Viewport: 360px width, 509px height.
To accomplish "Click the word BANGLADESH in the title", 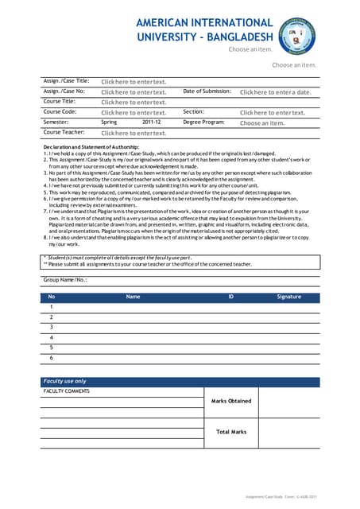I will [x=239, y=37].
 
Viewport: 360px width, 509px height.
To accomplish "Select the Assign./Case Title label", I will [x=66, y=81].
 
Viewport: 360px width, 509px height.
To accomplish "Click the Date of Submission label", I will [x=207, y=91].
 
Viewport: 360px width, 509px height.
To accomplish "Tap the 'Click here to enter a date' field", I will [x=276, y=92].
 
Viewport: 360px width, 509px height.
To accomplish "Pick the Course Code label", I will [x=60, y=112].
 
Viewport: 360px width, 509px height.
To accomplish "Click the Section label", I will [x=194, y=112].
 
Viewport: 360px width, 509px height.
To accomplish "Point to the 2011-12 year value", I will [x=152, y=122].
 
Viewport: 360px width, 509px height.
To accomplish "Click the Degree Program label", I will [x=203, y=122].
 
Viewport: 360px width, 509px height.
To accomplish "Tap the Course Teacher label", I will [x=64, y=133].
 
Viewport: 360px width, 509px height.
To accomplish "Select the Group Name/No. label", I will [x=65, y=280].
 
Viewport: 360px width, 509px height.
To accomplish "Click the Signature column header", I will [x=288, y=297].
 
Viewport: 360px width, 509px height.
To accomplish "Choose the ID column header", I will [x=231, y=297].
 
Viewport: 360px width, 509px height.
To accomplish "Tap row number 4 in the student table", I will [x=52, y=337].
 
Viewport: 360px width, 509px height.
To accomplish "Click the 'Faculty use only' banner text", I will [x=65, y=382].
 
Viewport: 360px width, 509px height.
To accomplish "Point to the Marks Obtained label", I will [x=231, y=402].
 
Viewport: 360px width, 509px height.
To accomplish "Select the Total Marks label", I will [x=231, y=432].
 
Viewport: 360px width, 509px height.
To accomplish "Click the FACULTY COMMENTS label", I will [x=66, y=391].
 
